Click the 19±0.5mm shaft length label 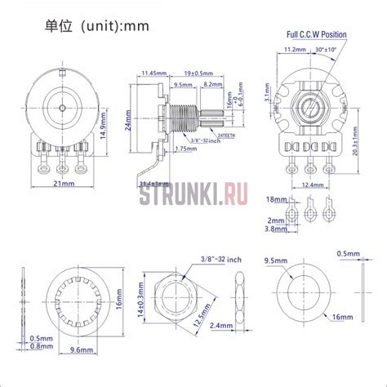(197, 73)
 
